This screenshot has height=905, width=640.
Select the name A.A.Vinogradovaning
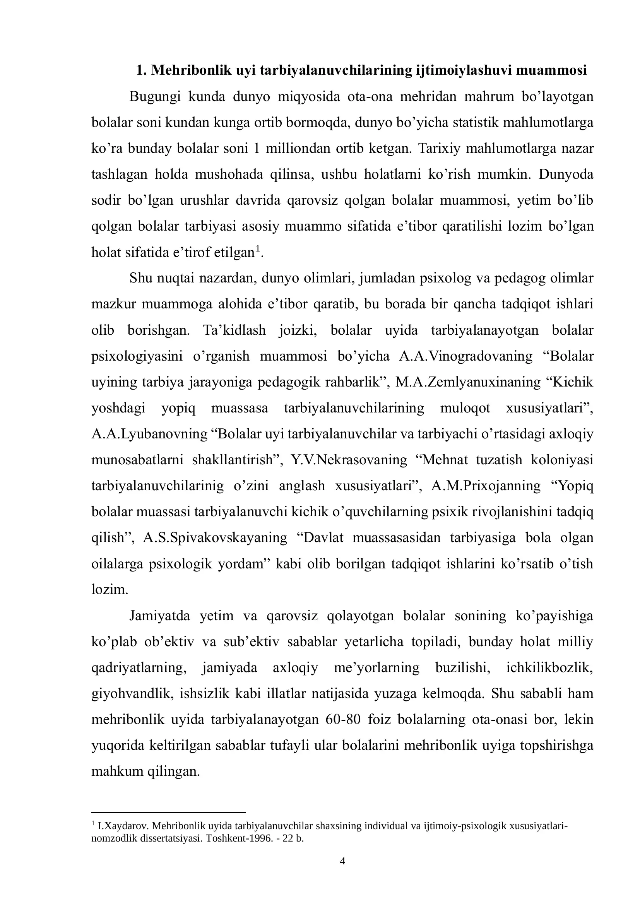[465, 356]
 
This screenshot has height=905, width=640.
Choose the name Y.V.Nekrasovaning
[349, 460]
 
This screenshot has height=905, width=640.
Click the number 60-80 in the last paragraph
[343, 719]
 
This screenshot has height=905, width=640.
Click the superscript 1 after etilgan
[258, 249]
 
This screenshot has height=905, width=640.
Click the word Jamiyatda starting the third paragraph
[159, 616]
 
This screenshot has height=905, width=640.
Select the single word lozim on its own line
[110, 590]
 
